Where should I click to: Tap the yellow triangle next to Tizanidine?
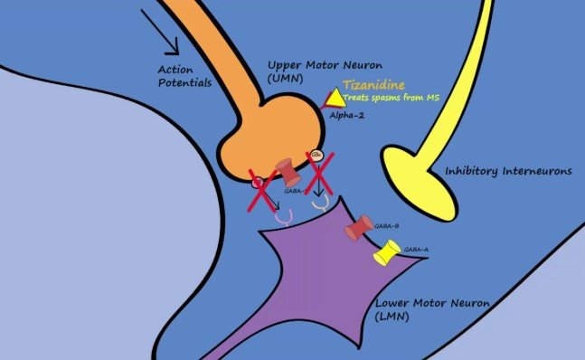(x=335, y=95)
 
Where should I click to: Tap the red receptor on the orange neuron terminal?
(x=286, y=169)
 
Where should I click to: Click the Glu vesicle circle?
(x=316, y=156)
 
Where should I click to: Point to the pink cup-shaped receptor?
(x=284, y=218)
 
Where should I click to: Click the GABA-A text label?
(x=416, y=249)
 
